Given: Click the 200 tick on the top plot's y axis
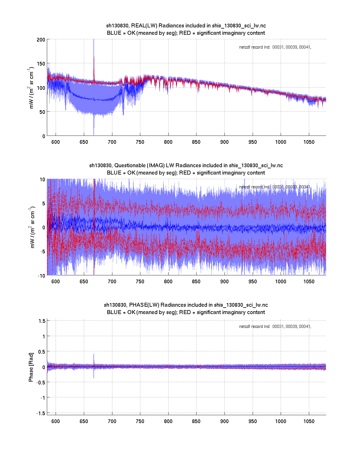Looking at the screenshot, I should click(41, 40).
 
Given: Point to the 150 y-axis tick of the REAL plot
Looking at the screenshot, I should click(41, 64).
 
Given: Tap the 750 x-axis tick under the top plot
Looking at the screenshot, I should click(140, 142).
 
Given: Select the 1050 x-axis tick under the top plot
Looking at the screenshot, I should click(309, 142).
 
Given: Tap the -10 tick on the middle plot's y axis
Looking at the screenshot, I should click(42, 276).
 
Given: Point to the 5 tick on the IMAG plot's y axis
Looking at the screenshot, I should click(43, 203).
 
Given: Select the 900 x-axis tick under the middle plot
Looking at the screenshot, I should click(224, 282).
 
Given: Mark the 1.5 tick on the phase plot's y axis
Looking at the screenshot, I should click(42, 321).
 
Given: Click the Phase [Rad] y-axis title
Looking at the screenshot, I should click(31, 367).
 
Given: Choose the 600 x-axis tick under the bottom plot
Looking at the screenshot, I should click(56, 421).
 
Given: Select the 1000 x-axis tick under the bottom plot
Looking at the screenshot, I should click(281, 421).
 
